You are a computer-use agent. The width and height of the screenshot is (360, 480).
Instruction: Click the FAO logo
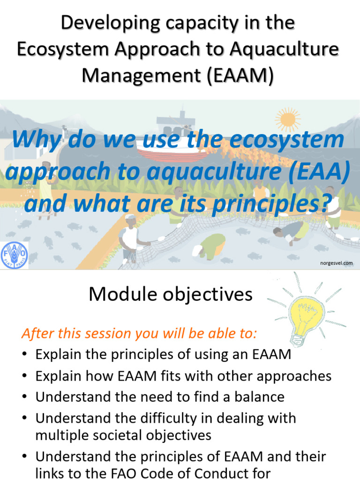(15, 255)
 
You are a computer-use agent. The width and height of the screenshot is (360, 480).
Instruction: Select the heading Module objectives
(171, 294)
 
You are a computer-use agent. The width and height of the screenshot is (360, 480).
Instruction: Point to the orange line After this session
(139, 334)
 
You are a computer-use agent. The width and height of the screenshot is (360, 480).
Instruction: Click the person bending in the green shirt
(211, 245)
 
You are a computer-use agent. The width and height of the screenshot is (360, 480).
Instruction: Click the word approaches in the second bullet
(295, 376)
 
